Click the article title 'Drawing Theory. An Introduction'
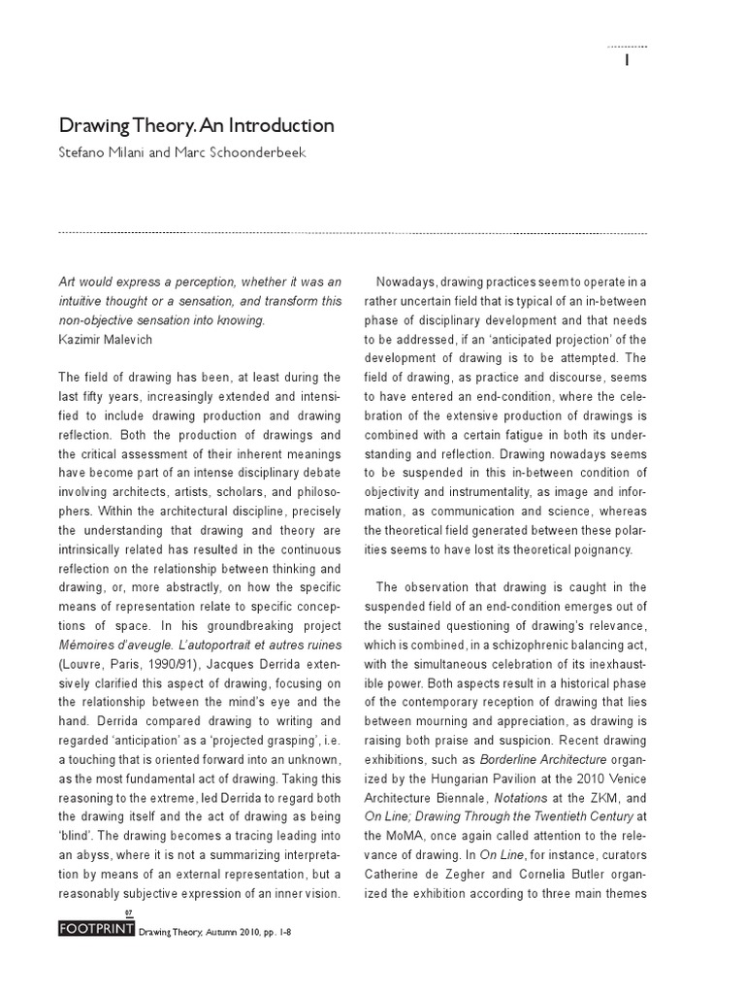197,126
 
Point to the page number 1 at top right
628,60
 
